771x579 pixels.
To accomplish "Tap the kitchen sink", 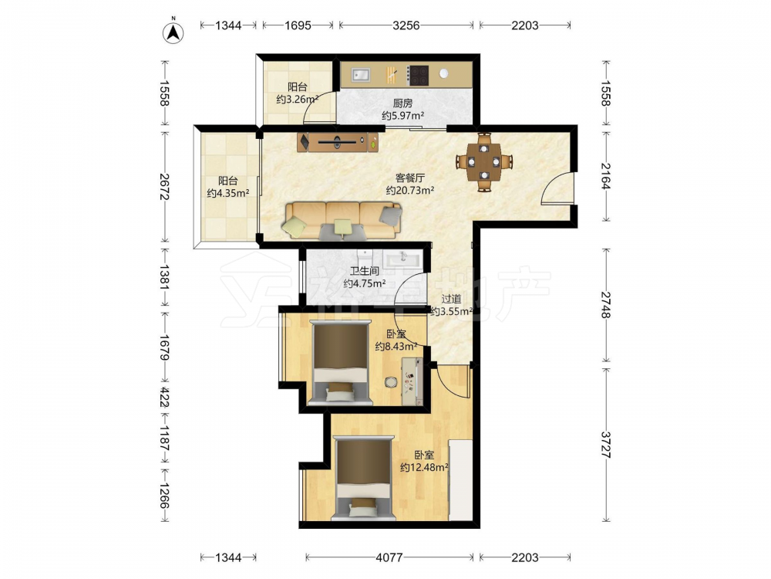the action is (360, 75).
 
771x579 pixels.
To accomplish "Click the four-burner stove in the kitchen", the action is (419, 76).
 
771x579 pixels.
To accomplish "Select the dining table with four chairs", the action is (484, 161).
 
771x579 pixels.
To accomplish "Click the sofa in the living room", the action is (343, 221).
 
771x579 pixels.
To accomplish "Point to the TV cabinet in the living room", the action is (338, 142).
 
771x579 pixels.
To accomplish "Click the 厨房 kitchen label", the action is (402, 103).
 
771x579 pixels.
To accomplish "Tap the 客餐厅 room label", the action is (410, 178).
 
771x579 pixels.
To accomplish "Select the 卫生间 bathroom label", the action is (365, 271).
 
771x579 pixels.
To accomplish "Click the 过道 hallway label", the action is (451, 299).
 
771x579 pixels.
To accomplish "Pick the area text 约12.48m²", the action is (424, 467).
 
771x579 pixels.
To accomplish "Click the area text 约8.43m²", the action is (396, 346).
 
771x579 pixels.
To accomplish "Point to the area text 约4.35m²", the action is (227, 193).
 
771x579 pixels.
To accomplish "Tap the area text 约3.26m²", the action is (297, 99).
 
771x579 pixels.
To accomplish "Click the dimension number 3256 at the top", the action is (406, 25).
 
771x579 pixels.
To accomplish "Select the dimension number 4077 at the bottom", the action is (389, 557).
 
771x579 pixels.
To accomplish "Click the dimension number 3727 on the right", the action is (606, 445).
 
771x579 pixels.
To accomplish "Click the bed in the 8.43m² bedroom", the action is (340, 362).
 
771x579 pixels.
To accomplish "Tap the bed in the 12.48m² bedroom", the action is (363, 478).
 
